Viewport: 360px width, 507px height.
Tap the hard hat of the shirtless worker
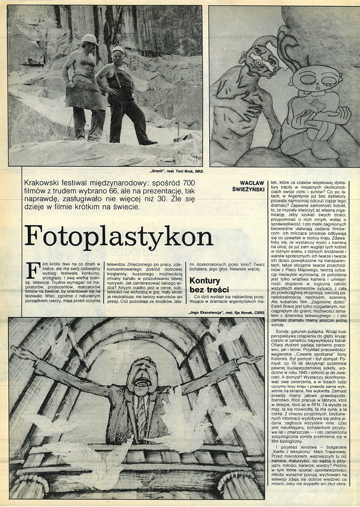pos(89,39)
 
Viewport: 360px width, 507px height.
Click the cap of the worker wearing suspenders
pos(118,49)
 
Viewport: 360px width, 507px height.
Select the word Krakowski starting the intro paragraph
pos(44,182)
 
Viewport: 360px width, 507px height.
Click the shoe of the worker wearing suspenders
pos(148,143)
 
